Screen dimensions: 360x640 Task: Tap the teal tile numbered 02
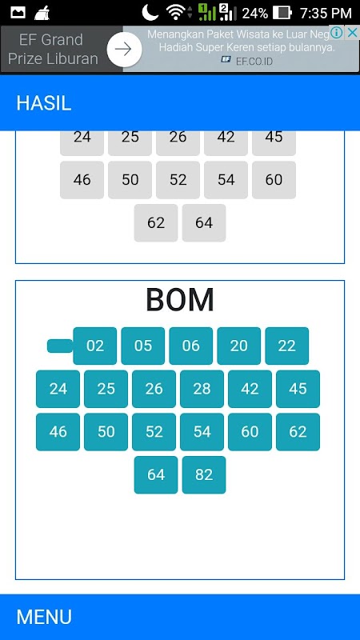click(94, 346)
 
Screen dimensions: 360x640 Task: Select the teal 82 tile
click(204, 474)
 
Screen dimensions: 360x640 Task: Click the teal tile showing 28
click(202, 389)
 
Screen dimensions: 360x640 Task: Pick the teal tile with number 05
click(143, 346)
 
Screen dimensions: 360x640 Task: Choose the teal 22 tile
click(286, 346)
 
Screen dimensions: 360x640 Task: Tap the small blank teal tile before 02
click(60, 346)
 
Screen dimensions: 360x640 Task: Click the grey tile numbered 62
click(156, 223)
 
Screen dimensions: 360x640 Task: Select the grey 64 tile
click(204, 223)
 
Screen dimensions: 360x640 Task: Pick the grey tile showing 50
click(130, 180)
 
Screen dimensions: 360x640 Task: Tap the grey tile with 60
click(274, 180)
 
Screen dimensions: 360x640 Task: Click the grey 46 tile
click(82, 180)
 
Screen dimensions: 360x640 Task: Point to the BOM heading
click(180, 300)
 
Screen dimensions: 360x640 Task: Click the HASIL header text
click(44, 104)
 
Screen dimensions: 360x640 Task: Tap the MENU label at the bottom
click(44, 617)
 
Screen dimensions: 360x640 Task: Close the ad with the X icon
click(352, 33)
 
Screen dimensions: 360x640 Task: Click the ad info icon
click(336, 33)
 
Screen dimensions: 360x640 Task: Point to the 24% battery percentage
click(255, 14)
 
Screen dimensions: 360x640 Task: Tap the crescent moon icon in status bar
click(150, 13)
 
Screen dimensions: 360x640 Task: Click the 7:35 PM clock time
click(326, 14)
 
